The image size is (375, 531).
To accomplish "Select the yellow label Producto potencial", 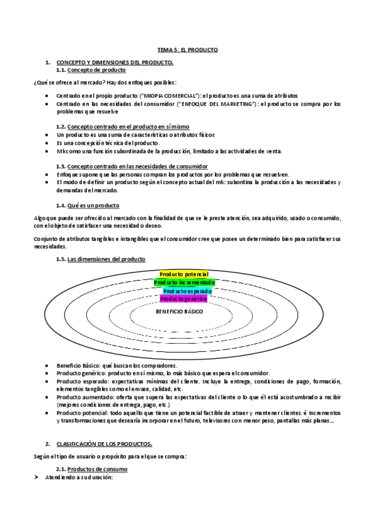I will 184,274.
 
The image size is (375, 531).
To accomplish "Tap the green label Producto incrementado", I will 185,282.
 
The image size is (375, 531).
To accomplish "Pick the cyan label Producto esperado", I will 187,291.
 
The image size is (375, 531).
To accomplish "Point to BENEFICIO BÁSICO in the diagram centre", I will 179,311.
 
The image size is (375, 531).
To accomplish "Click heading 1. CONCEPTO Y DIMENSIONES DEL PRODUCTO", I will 115,63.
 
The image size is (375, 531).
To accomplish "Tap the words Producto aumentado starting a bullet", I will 79,396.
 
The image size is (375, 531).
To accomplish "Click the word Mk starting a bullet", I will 60,150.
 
